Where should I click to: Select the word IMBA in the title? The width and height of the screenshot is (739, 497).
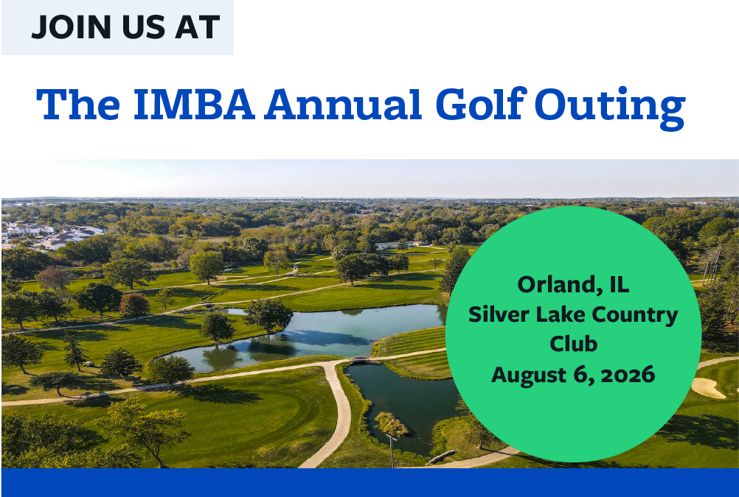click(x=195, y=104)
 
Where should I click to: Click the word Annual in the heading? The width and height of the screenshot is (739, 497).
click(x=343, y=104)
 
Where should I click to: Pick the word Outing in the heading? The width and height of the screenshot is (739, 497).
click(x=611, y=107)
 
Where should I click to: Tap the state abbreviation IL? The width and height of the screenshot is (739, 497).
click(x=620, y=285)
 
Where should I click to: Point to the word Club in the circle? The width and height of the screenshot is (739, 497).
click(x=574, y=344)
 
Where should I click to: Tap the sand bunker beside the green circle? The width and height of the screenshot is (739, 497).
click(x=708, y=388)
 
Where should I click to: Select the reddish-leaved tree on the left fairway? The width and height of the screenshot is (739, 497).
click(x=134, y=305)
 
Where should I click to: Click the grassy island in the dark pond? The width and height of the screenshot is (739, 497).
click(x=391, y=424)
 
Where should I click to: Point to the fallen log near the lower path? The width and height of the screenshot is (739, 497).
click(x=441, y=457)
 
